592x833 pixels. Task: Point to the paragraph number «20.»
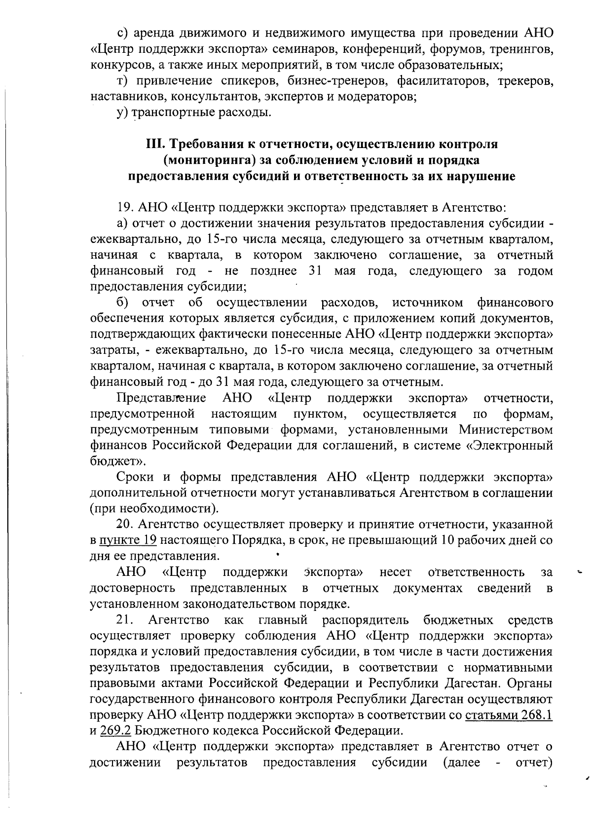tap(125, 524)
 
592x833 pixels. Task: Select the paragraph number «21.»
tap(125, 619)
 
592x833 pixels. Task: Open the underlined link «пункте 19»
tap(128, 540)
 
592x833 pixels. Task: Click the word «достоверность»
tap(132, 588)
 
